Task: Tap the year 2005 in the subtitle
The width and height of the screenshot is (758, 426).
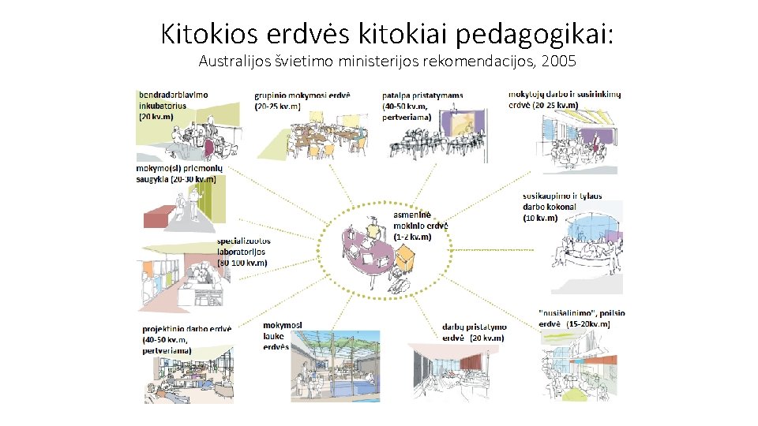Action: [x=565, y=60]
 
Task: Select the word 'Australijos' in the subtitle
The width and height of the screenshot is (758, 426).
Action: [x=235, y=60]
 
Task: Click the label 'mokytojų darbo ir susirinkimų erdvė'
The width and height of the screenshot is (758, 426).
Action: [x=564, y=99]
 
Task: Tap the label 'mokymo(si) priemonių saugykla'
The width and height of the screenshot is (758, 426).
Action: [x=179, y=174]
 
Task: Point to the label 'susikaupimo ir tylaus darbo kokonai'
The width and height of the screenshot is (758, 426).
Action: [x=561, y=207]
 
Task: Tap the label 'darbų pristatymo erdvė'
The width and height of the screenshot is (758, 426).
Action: [x=474, y=332]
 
